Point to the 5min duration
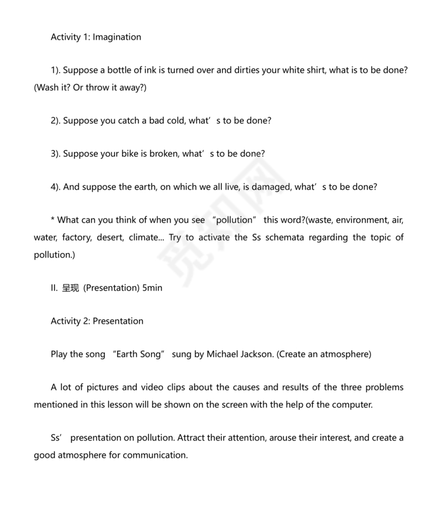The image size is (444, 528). tap(152, 288)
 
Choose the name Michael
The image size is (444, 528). tap(224, 354)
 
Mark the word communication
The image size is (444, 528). tap(155, 455)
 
